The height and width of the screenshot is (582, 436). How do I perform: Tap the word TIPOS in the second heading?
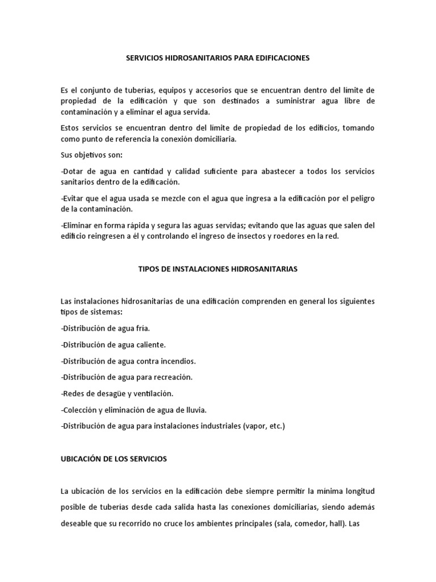[x=149, y=269]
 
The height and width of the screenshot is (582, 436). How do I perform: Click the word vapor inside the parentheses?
[x=253, y=426]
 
